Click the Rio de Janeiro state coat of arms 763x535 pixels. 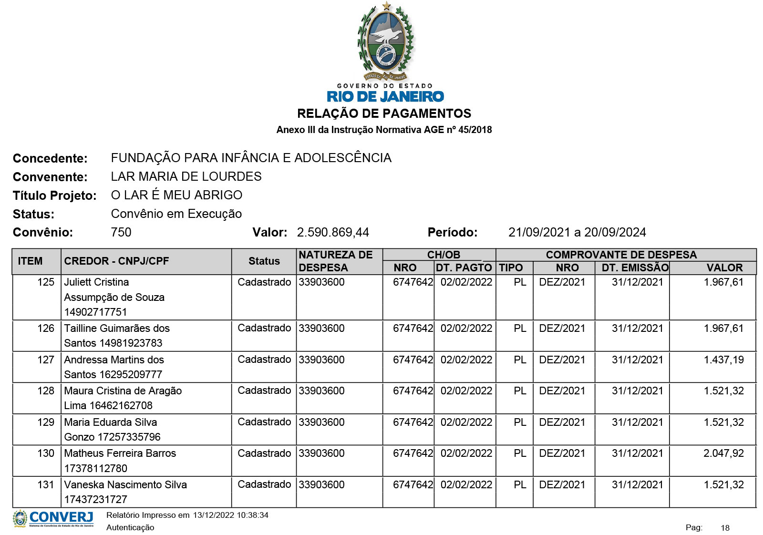[386, 42]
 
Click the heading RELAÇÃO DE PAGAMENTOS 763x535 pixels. [384, 113]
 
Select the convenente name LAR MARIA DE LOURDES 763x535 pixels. [186, 176]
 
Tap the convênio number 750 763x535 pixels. [121, 232]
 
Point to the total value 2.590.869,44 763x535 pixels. [333, 232]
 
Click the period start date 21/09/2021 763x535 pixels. [539, 232]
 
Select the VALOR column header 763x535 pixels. [724, 267]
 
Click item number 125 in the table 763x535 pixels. [46, 282]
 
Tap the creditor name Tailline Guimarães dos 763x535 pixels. [117, 328]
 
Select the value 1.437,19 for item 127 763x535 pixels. [723, 360]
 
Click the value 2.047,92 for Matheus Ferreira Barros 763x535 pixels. [723, 453]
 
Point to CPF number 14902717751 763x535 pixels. [95, 312]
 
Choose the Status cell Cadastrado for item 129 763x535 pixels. [264, 422]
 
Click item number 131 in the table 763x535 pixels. [46, 484]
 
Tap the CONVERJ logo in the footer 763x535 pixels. [53, 518]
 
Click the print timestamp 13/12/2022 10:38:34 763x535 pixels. [230, 515]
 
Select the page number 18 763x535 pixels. [725, 527]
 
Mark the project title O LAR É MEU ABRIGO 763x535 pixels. [176, 195]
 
